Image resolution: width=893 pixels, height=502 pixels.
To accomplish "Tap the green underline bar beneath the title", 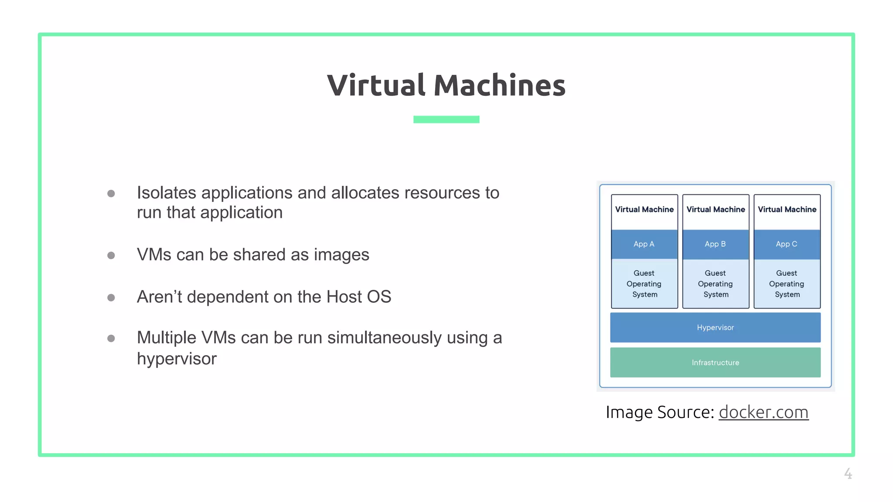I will click(x=446, y=119).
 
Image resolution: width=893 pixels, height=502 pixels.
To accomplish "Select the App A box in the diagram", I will click(x=644, y=244).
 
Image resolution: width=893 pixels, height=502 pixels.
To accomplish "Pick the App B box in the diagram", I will click(x=715, y=244).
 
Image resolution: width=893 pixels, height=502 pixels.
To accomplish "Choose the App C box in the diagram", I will click(x=787, y=244).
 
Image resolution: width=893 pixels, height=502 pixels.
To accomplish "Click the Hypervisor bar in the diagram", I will click(x=715, y=327).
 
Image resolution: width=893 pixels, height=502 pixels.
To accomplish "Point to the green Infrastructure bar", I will click(x=715, y=363).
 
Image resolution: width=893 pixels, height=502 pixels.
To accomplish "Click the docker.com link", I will click(x=763, y=412).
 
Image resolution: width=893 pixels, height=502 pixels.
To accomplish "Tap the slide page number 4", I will click(x=848, y=473).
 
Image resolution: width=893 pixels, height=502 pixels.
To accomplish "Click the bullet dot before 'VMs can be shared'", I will click(x=111, y=255).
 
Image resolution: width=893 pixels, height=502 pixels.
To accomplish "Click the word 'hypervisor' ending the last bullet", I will click(x=177, y=359).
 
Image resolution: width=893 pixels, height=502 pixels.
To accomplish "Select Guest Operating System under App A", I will click(x=644, y=284).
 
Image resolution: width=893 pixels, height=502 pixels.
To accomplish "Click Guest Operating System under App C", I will click(x=787, y=284).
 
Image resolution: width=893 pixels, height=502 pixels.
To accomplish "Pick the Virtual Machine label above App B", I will click(x=716, y=210).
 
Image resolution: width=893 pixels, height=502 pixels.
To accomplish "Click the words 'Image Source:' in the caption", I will click(x=660, y=412).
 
